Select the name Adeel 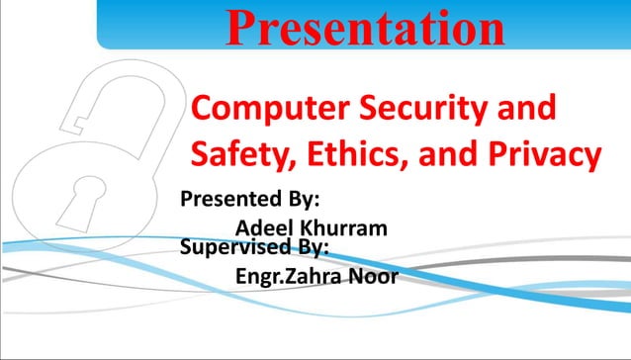[265, 228]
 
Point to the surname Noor [376, 276]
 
